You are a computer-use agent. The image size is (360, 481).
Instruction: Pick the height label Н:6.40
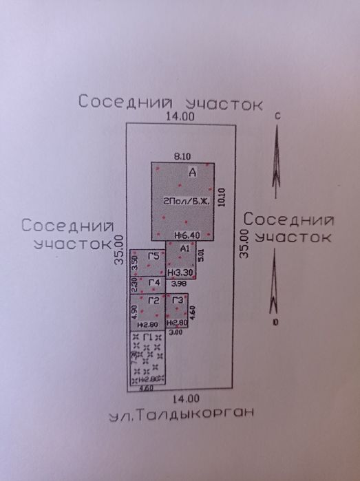point(187,235)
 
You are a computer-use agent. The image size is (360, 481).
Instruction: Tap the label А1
point(184,248)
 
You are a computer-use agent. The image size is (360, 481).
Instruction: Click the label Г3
point(178,299)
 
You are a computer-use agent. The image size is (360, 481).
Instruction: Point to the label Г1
point(147,339)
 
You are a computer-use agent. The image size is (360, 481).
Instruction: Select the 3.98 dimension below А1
point(178,284)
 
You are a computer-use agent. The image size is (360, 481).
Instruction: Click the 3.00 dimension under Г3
point(177,331)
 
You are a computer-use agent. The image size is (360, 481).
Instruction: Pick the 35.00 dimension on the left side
point(119,249)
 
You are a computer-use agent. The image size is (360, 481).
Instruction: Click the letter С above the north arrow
point(276,116)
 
